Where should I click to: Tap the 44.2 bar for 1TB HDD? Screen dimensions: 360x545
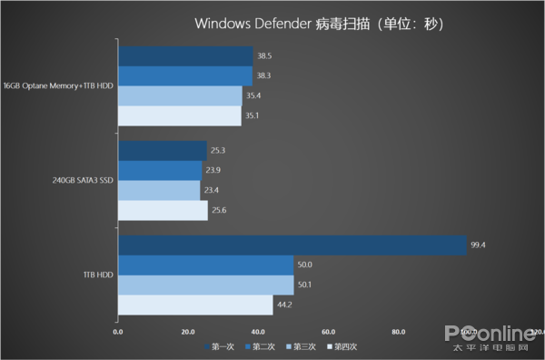coord(195,305)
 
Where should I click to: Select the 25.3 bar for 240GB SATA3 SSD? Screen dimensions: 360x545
coord(163,151)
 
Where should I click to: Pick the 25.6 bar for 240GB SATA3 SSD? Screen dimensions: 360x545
coord(163,211)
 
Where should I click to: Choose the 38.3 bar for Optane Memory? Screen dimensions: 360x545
coord(185,76)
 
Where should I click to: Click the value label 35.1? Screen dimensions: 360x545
coord(254,116)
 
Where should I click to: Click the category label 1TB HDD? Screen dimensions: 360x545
coord(98,275)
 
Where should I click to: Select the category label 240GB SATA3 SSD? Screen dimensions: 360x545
coord(83,181)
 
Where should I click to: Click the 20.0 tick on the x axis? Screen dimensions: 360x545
coord(188,332)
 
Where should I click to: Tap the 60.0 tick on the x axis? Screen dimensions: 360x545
coord(328,332)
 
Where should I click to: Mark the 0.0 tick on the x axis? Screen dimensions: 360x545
coord(118,332)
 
